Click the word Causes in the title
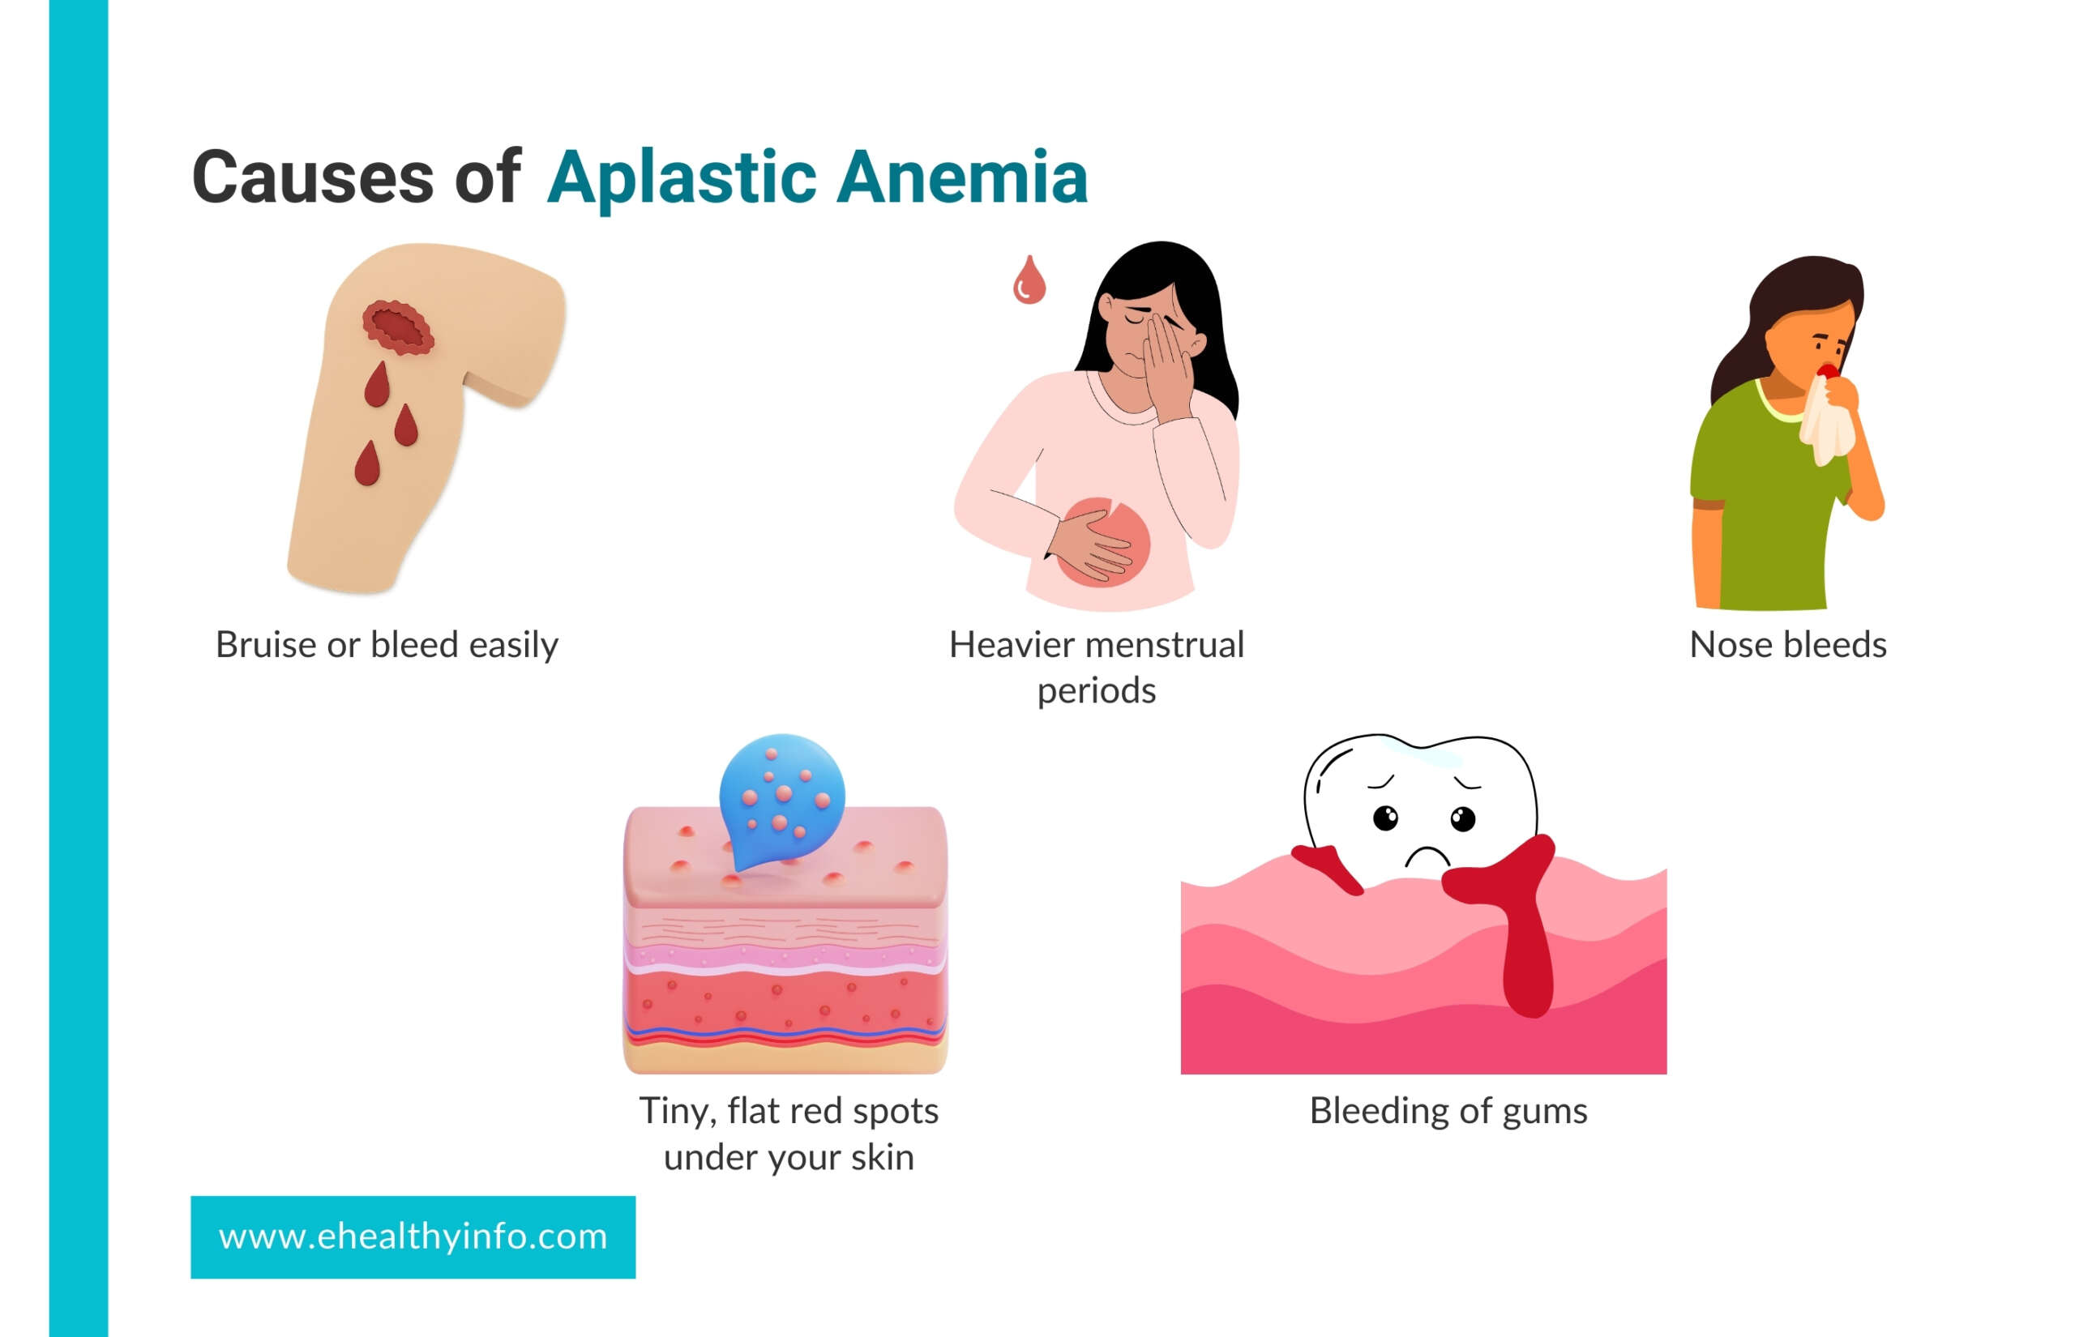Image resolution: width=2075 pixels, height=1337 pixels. (x=313, y=177)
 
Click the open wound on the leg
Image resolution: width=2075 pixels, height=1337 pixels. (x=398, y=327)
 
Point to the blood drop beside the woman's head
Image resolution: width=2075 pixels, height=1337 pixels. (x=1029, y=280)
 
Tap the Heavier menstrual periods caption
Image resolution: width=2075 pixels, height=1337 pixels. (x=1097, y=668)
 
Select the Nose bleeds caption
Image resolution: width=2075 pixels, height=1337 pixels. (x=1787, y=645)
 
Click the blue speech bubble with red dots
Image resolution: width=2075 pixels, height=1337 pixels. (x=781, y=799)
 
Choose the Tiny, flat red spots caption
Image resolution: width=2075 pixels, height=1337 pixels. (x=789, y=1134)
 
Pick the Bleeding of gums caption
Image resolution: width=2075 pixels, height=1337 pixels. (x=1448, y=1111)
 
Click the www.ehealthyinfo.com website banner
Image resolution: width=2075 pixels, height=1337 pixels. (x=413, y=1237)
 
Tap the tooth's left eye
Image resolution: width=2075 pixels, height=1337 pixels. (x=1386, y=818)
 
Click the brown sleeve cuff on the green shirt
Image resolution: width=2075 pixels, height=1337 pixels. (x=1707, y=504)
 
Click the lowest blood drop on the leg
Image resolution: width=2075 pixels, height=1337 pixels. (x=367, y=463)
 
